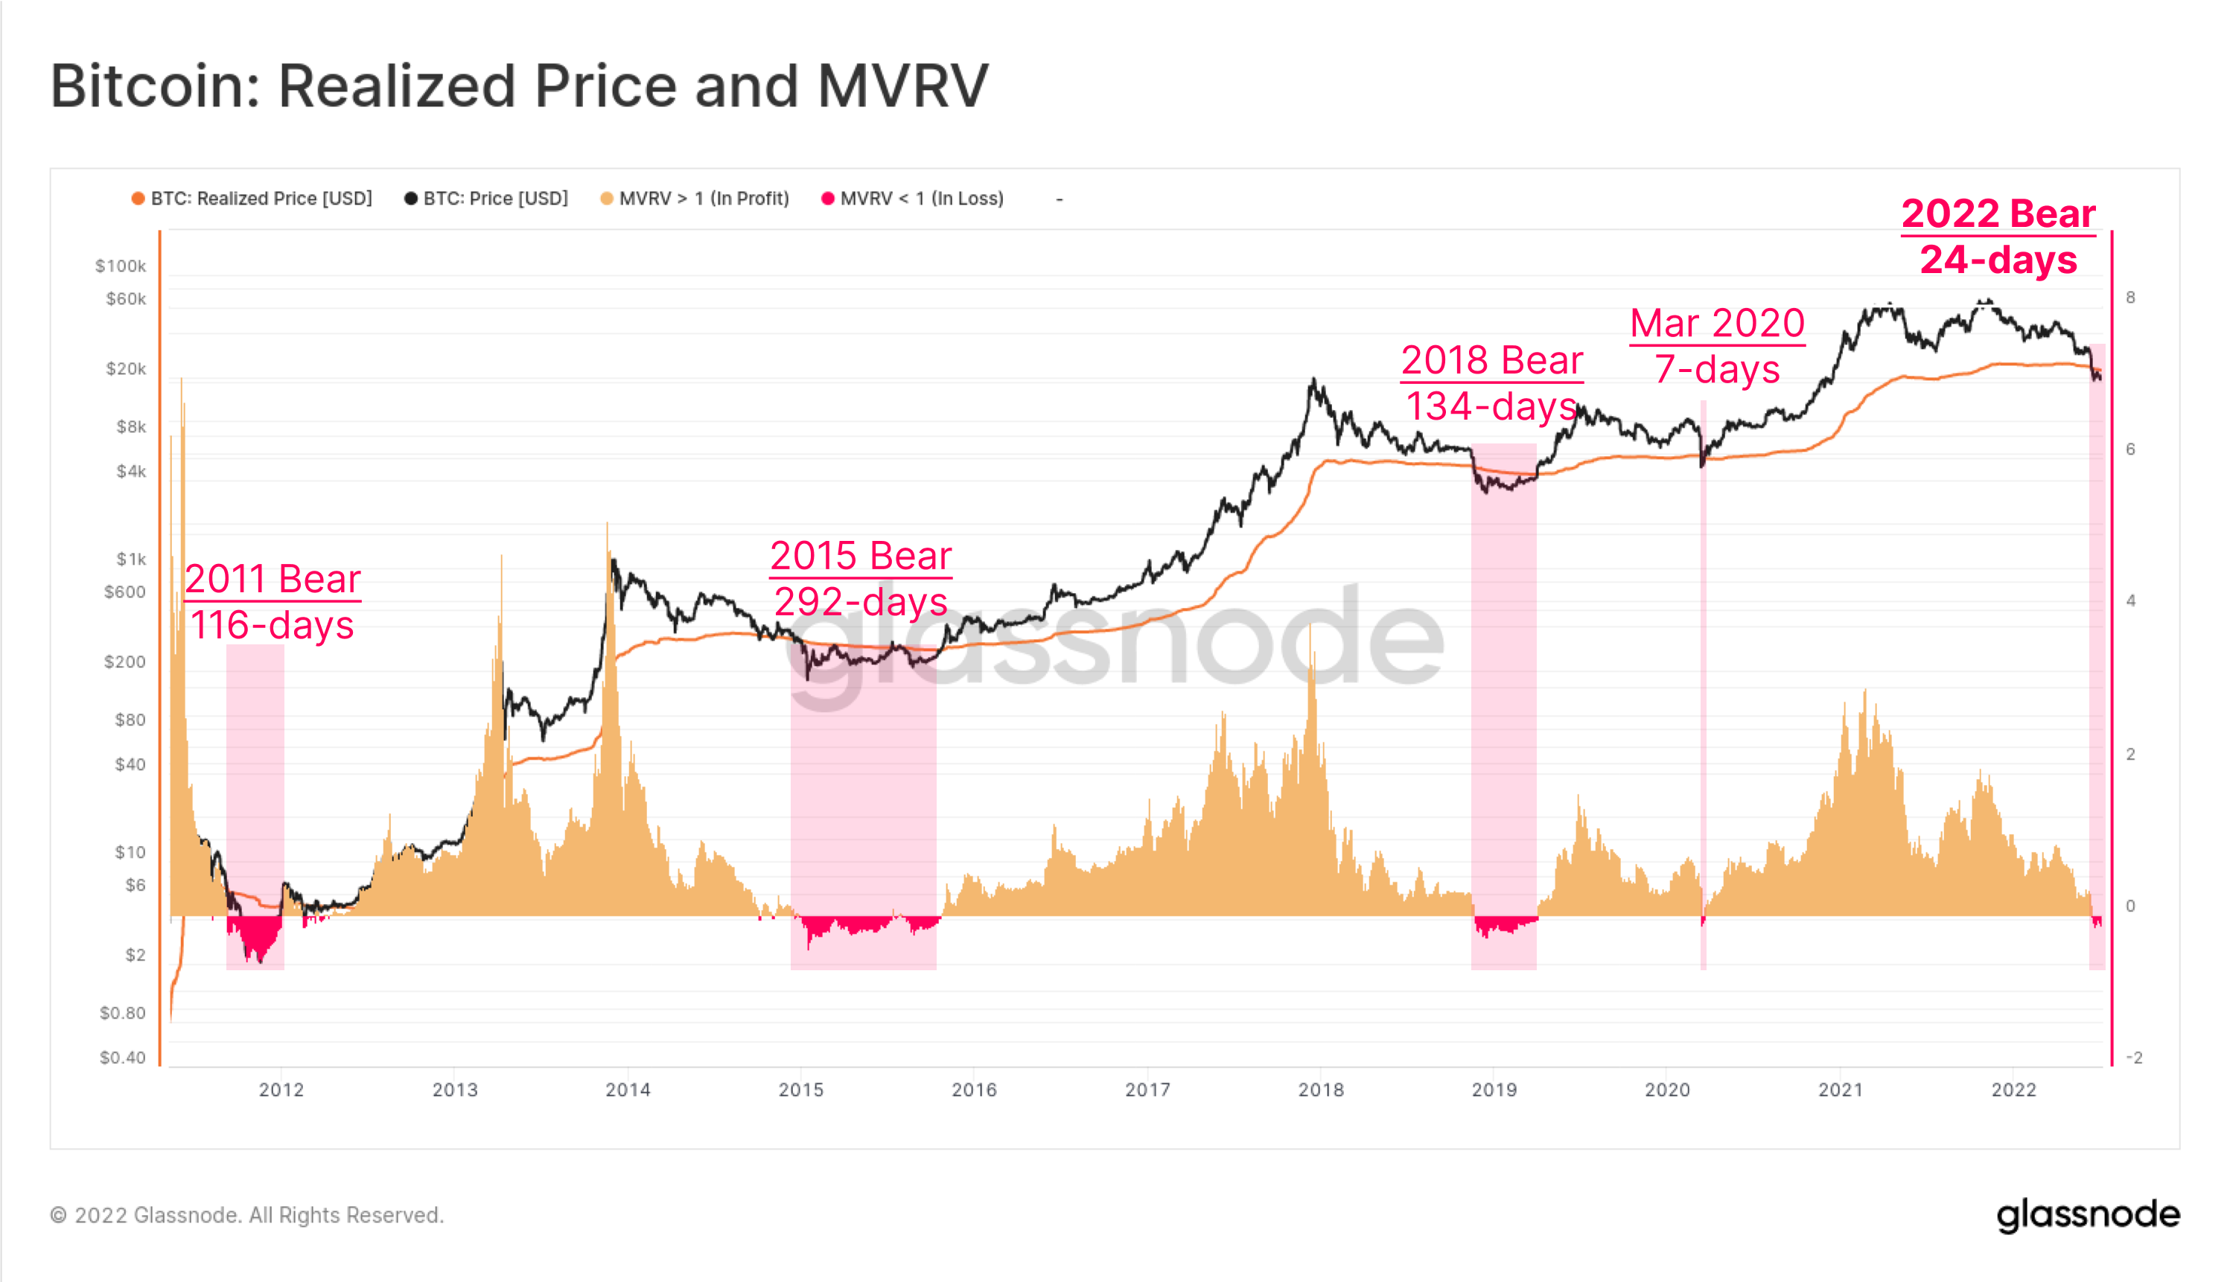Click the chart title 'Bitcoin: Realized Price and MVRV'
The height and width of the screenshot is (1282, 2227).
pos(519,86)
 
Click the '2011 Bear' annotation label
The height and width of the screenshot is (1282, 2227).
pos(273,580)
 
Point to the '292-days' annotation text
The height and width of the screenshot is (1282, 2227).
pos(861,602)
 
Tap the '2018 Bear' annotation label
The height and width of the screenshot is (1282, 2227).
pos(1491,360)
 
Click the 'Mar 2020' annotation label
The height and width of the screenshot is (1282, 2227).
pos(1717,323)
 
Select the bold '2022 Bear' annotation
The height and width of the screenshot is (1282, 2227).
pos(1998,214)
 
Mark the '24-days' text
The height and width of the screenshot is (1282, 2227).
pos(1998,260)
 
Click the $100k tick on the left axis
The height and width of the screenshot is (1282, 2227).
pos(121,266)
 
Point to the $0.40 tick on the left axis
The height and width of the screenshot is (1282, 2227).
pos(122,1057)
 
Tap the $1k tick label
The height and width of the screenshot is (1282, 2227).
pos(131,559)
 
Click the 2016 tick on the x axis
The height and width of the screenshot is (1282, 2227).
pos(975,1090)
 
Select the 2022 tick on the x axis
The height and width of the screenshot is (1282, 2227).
pos(2014,1090)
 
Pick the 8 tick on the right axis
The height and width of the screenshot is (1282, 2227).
pos(2130,298)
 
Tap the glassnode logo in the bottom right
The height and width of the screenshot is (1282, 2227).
pos(2088,1215)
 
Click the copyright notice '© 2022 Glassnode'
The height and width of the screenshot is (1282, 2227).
pos(246,1215)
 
